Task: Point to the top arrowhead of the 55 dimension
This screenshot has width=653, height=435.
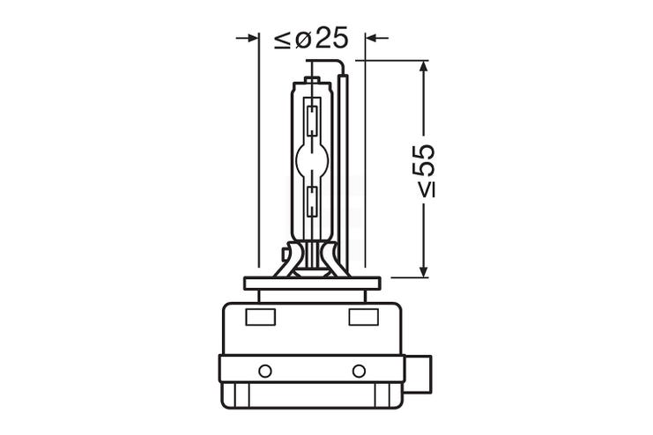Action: pyautogui.click(x=424, y=67)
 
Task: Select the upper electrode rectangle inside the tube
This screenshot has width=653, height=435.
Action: pyautogui.click(x=311, y=120)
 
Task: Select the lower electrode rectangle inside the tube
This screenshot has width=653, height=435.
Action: pyautogui.click(x=311, y=202)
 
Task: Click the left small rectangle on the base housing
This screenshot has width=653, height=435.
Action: pyautogui.click(x=264, y=317)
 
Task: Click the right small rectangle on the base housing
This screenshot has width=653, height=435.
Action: pyautogui.click(x=362, y=317)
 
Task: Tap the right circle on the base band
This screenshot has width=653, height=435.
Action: pyautogui.click(x=359, y=370)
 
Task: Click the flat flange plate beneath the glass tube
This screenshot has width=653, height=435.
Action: pyautogui.click(x=312, y=284)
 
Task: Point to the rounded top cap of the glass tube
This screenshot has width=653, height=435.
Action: pyautogui.click(x=311, y=81)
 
